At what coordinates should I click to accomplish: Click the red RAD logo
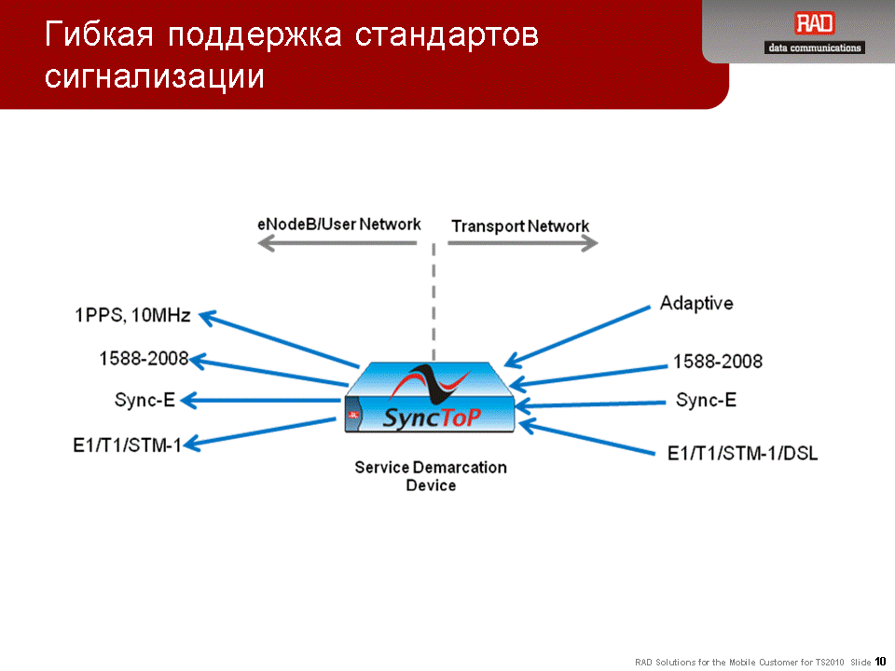click(x=815, y=23)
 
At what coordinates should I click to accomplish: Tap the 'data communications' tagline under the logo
click(x=815, y=48)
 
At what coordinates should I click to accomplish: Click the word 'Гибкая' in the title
click(x=100, y=34)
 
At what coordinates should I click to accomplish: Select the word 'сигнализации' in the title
click(x=155, y=76)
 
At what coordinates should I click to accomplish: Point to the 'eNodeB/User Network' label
click(x=339, y=225)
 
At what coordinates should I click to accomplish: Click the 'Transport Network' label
click(x=520, y=226)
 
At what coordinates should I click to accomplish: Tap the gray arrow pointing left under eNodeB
click(x=337, y=243)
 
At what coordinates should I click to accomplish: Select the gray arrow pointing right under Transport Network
click(x=523, y=243)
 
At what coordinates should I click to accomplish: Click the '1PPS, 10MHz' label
click(x=132, y=315)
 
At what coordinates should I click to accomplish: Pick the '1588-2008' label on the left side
click(x=144, y=358)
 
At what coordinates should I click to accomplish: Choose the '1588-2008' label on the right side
click(x=718, y=362)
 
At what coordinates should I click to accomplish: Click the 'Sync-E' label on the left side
click(x=145, y=400)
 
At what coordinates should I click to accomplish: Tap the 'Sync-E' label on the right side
click(x=706, y=400)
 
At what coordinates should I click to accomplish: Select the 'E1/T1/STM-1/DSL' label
click(x=743, y=454)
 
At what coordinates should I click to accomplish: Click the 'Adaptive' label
click(x=696, y=303)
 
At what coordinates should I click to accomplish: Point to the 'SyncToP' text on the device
click(x=432, y=418)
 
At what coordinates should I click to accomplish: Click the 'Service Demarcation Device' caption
click(x=431, y=476)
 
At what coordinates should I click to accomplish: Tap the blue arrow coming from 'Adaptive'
click(x=577, y=336)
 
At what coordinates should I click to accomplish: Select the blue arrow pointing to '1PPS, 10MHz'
click(x=279, y=339)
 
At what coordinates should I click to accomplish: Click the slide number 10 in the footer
click(x=880, y=662)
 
